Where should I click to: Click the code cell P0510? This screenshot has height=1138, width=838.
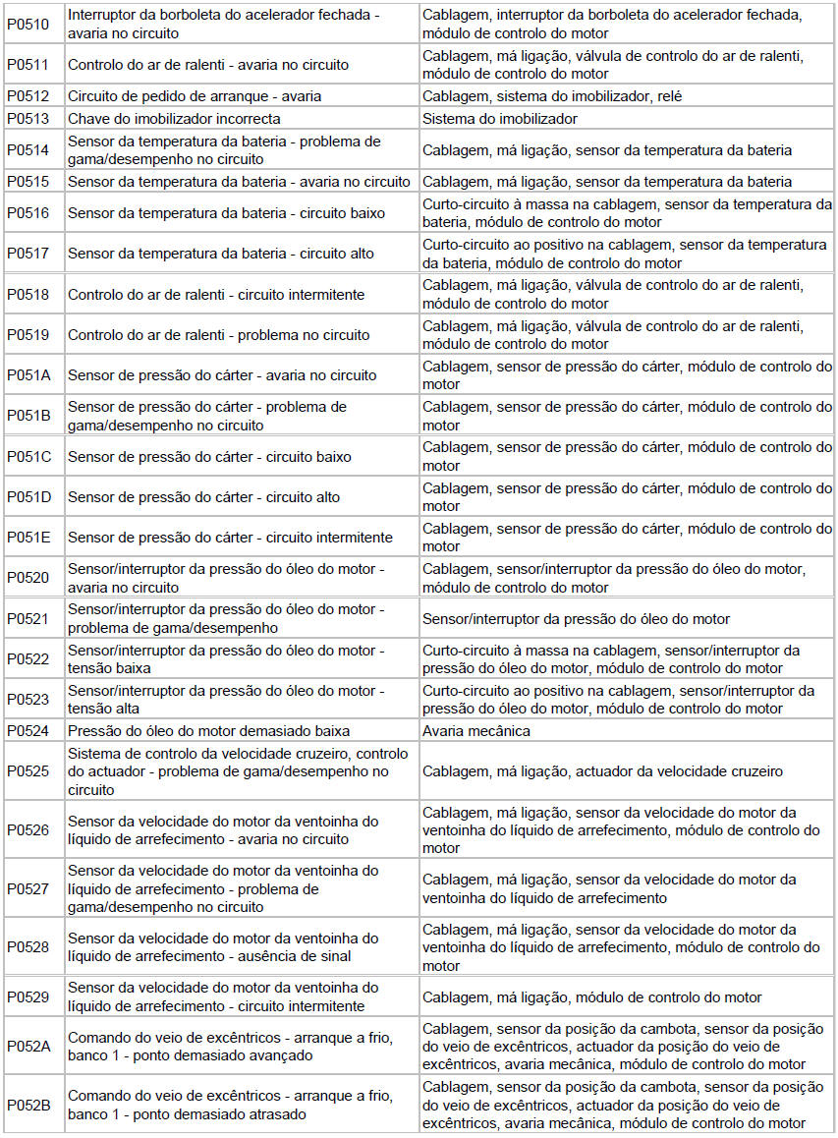(x=28, y=24)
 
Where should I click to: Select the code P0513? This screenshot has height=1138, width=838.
(x=28, y=119)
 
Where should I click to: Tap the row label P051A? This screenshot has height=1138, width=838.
(x=28, y=375)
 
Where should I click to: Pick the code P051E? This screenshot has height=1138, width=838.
(x=28, y=538)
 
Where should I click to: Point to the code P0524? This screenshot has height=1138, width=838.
(x=28, y=731)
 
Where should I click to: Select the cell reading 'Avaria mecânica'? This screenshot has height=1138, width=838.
(x=476, y=731)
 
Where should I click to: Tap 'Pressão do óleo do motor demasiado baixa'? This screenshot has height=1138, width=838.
(x=208, y=731)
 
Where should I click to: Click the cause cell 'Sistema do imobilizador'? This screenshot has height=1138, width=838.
(x=500, y=119)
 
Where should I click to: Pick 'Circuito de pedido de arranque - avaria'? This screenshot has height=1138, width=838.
(x=195, y=96)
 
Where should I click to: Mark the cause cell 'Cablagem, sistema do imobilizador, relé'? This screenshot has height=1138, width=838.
(x=552, y=96)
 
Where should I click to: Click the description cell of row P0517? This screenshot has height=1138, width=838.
(x=221, y=254)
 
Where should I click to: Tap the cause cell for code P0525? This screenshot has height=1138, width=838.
(x=602, y=771)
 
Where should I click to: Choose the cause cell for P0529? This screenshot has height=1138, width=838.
(x=592, y=996)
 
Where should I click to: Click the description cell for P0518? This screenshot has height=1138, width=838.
(x=216, y=295)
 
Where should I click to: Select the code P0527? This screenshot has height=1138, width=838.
(x=28, y=888)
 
